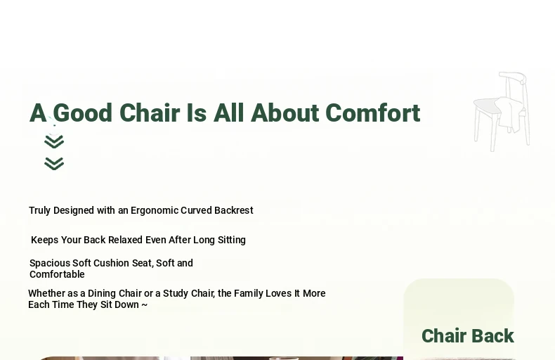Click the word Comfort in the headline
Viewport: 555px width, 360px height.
click(x=373, y=113)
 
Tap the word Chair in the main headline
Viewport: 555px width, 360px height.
click(x=150, y=113)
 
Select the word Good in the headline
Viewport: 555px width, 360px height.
click(x=83, y=113)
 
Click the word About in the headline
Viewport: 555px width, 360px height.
click(x=285, y=113)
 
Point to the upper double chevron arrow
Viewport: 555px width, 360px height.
click(x=54, y=142)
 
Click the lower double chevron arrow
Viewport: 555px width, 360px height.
click(x=54, y=164)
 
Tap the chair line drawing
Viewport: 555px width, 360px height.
click(x=502, y=112)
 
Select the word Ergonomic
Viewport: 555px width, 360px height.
click(x=155, y=210)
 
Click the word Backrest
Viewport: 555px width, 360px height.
click(x=234, y=210)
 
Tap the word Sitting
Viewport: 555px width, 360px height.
click(x=232, y=240)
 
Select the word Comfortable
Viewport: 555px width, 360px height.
click(x=57, y=274)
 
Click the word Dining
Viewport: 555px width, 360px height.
click(x=102, y=294)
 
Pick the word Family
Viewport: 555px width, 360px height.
click(x=249, y=293)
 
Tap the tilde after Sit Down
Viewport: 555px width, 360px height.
click(x=145, y=304)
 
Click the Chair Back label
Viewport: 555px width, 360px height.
click(x=468, y=335)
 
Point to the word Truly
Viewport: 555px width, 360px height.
click(x=39, y=210)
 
